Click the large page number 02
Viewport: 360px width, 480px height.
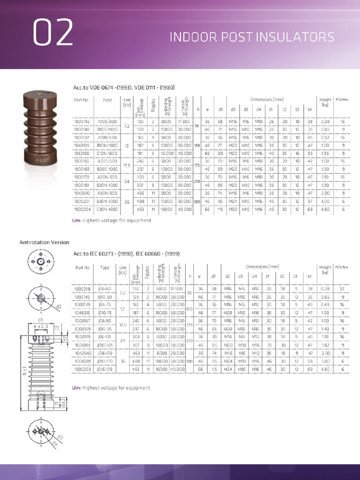52,32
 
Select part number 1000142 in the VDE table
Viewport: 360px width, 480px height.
82,122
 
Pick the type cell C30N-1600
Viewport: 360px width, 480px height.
107,210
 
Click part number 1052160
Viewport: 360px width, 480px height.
82,153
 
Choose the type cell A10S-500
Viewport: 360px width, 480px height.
107,122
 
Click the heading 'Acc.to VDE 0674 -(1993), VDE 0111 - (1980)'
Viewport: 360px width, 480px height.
124,88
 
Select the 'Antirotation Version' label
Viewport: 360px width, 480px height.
44,242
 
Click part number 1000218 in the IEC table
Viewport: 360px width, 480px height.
82,289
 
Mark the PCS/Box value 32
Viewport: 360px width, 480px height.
342,289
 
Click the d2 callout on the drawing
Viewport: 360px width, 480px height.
59,307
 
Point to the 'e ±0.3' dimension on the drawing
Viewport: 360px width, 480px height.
41,326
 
